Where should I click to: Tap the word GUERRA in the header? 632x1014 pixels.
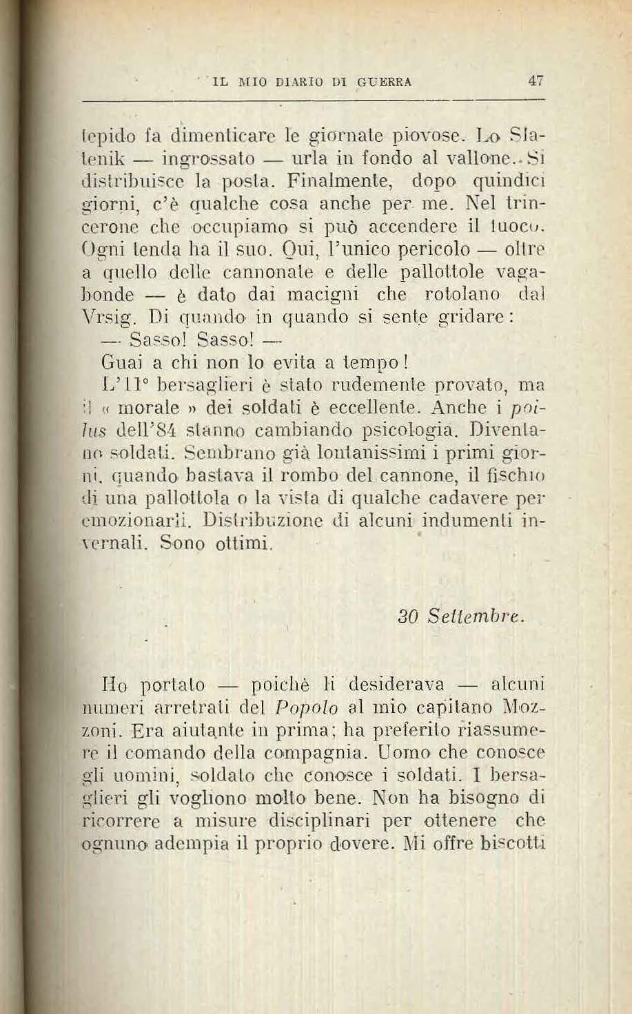click(385, 81)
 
